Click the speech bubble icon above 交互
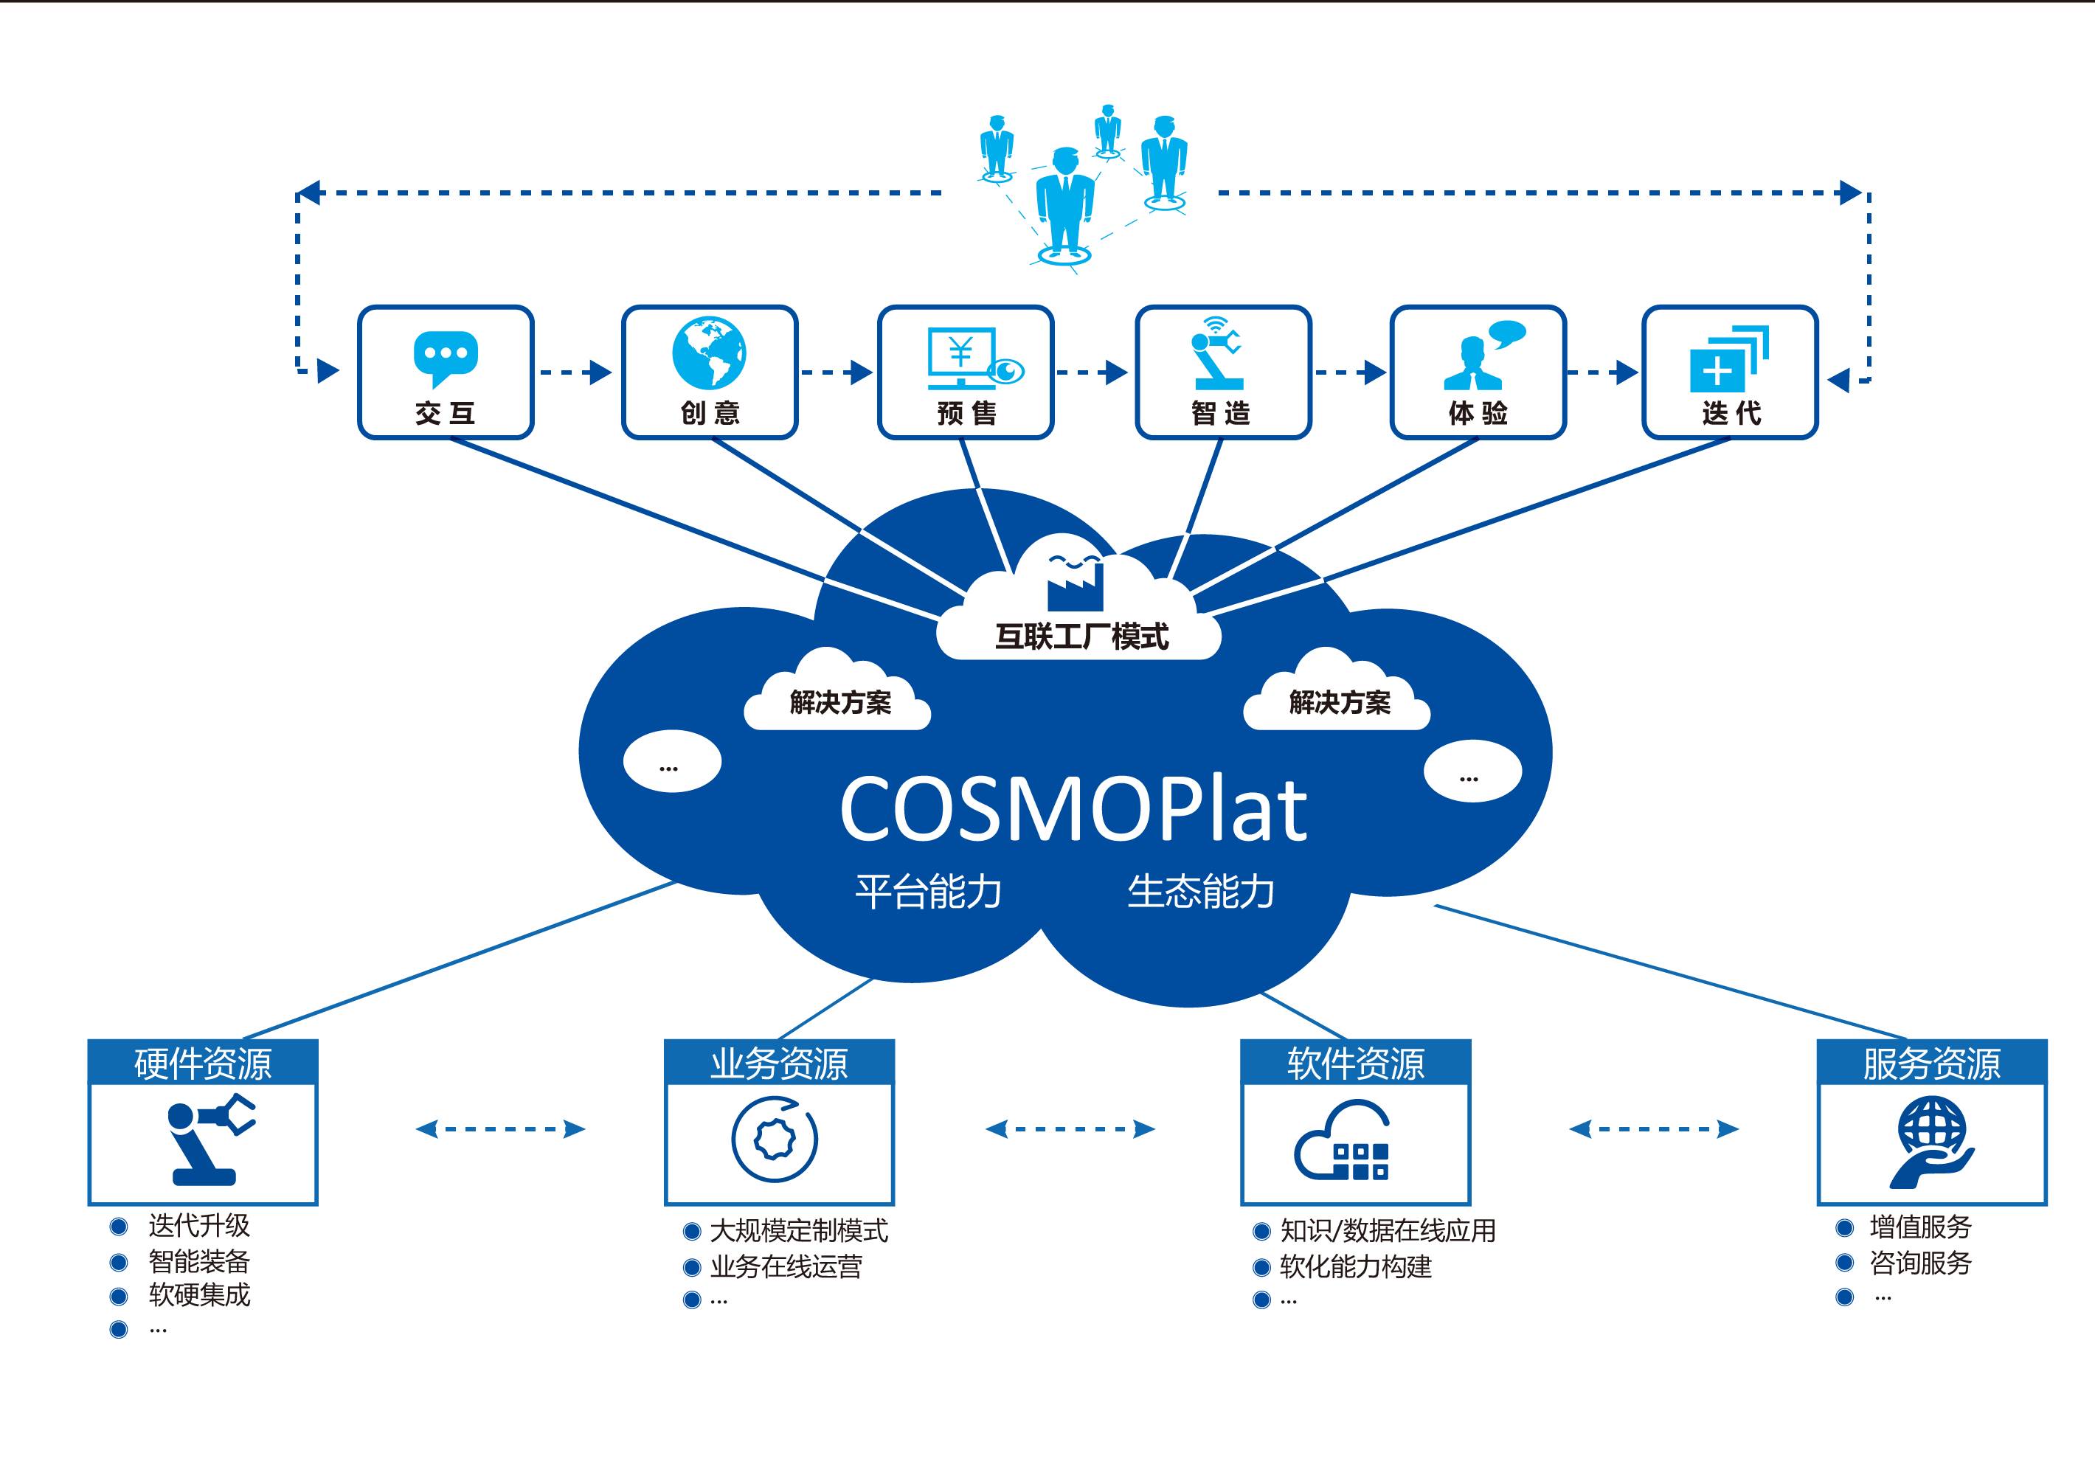[x=446, y=358]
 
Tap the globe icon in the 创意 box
[x=709, y=354]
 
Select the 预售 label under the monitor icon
[x=966, y=413]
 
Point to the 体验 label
[x=1478, y=413]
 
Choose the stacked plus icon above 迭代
[x=1728, y=358]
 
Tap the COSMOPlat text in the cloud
[x=1073, y=810]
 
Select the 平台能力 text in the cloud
[x=928, y=891]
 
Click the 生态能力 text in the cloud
[x=1201, y=891]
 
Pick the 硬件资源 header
[x=203, y=1063]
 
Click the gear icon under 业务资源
[x=775, y=1140]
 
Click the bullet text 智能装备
[x=199, y=1262]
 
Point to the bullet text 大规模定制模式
[x=798, y=1231]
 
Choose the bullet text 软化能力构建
[x=1356, y=1266]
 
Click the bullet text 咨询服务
[x=1921, y=1263]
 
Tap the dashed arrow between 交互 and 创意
[x=575, y=372]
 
